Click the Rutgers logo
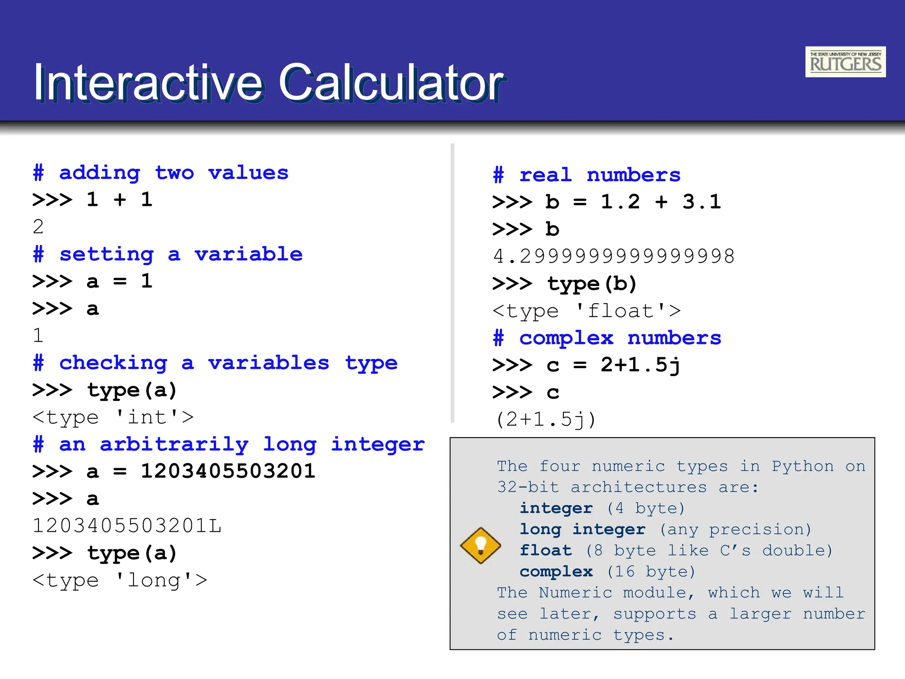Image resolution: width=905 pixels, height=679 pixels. [845, 62]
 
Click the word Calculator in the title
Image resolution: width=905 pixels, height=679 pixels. [392, 83]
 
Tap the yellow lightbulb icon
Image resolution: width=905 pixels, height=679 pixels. [480, 545]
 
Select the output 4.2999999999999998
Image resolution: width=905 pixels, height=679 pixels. [613, 256]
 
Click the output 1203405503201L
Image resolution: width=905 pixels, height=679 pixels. [127, 526]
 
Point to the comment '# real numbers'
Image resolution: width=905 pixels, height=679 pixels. [586, 175]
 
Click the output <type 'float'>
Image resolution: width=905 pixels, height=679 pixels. [586, 311]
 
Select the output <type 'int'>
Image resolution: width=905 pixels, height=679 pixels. [113, 417]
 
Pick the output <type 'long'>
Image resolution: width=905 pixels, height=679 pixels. [120, 580]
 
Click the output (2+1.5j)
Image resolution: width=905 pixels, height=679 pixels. [546, 420]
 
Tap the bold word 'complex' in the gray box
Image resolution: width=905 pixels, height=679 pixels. [556, 572]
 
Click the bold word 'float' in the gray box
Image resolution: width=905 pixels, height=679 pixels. [546, 550]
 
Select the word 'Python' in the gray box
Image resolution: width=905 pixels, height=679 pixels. [802, 466]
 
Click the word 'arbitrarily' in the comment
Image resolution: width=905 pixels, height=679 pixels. [174, 444]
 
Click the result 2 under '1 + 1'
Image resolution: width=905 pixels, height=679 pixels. [38, 227]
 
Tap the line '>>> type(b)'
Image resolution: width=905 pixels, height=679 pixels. [564, 284]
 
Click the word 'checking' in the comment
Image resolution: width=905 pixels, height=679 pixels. [113, 363]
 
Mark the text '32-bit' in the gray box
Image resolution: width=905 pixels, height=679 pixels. [528, 487]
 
